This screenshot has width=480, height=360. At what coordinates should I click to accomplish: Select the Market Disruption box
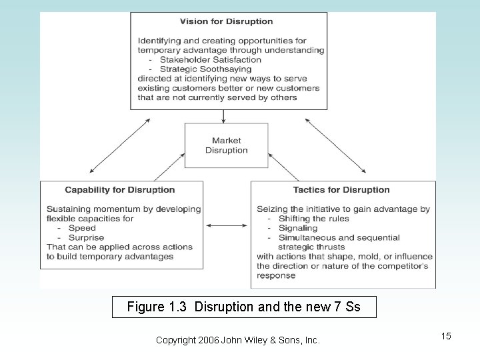coord(227,145)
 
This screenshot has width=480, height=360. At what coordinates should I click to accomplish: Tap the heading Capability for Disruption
coord(120,190)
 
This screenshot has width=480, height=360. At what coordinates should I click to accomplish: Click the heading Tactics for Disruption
coord(341,190)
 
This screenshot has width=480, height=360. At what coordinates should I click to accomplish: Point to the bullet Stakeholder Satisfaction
coord(209,59)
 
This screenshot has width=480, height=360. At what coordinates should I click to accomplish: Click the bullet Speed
coord(83,228)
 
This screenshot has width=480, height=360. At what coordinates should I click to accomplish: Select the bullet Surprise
coord(87,237)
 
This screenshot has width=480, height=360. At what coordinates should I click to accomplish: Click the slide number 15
coord(445,336)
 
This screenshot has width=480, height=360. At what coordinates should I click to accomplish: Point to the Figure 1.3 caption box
coord(244,307)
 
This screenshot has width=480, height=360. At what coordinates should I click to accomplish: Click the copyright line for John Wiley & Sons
coord(237,341)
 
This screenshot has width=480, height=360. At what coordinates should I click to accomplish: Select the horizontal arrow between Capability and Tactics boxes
coord(227,226)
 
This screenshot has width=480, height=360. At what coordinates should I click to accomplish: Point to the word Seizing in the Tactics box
coord(273,209)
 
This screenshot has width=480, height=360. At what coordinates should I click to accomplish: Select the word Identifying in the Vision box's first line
coord(161,41)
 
